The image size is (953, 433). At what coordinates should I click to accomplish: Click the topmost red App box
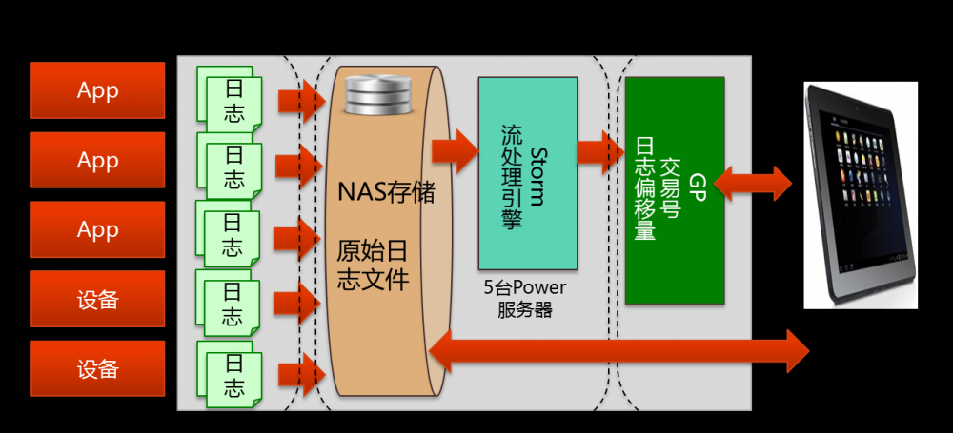[97, 90]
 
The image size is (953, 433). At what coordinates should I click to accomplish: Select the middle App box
[97, 160]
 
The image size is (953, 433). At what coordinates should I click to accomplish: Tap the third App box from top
[97, 229]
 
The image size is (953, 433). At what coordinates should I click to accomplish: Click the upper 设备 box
[97, 299]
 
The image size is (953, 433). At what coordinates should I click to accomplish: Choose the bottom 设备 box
[97, 368]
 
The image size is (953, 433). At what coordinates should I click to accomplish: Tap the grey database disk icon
[375, 96]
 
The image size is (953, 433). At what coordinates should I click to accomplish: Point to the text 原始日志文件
[374, 266]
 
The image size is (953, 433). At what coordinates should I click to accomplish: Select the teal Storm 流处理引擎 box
[527, 173]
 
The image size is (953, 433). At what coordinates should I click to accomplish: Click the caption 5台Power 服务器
[524, 299]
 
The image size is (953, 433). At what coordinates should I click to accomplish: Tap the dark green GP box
[674, 190]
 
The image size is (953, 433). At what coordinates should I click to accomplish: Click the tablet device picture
[860, 194]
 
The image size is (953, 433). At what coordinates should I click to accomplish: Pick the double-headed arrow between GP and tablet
[752, 184]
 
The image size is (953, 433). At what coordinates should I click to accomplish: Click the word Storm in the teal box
[537, 175]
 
